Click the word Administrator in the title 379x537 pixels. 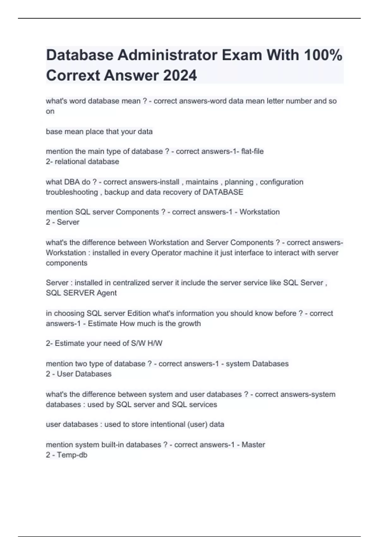click(167, 55)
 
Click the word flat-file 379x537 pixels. click(252, 151)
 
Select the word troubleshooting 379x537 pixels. click(72, 192)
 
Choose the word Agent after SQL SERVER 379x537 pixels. click(107, 293)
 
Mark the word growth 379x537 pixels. click(189, 323)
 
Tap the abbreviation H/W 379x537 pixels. click(155, 343)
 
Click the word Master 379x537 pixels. click(253, 445)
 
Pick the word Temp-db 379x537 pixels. click(72, 455)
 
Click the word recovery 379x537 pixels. click(177, 192)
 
